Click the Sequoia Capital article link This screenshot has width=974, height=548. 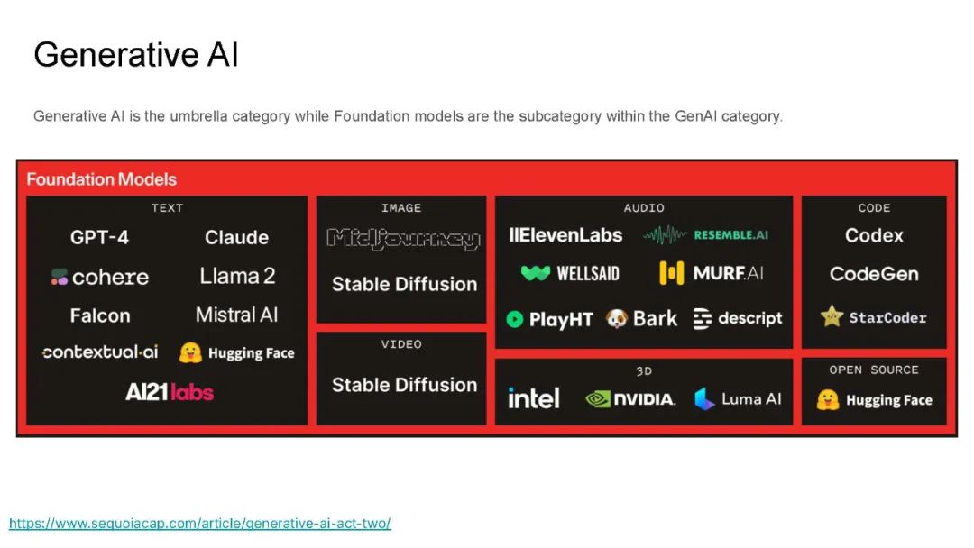tap(199, 523)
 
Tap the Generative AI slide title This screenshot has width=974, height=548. tap(136, 55)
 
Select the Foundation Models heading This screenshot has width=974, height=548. tap(101, 179)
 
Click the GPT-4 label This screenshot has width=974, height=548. tap(99, 237)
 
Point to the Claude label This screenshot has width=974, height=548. tap(236, 237)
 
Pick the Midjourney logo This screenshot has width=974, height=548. tap(404, 239)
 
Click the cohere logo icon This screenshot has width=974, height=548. tap(59, 277)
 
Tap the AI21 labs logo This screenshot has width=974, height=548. tap(169, 392)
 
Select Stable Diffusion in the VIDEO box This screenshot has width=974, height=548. tap(404, 385)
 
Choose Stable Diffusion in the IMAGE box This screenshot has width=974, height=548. tap(404, 284)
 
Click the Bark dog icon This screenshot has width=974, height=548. tap(616, 318)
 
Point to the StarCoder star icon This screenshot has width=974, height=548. tap(832, 316)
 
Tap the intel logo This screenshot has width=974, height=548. tap(534, 398)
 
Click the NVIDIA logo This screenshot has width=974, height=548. tap(630, 399)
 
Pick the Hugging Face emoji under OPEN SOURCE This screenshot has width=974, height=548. tap(828, 400)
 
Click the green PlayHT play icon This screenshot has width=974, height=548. tap(515, 319)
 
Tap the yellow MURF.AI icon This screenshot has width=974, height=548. tap(672, 273)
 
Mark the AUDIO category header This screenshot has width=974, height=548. tap(644, 208)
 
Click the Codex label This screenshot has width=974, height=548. tap(874, 236)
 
